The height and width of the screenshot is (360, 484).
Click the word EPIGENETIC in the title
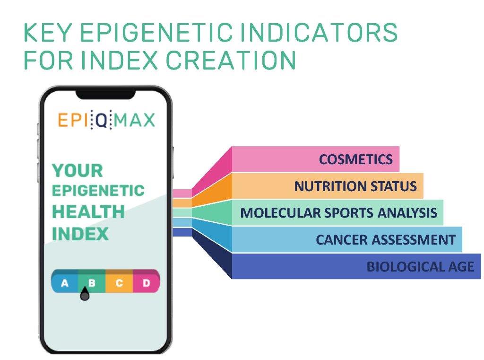(157, 33)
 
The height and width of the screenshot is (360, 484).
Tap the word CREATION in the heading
(231, 60)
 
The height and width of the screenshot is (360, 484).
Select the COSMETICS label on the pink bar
(355, 159)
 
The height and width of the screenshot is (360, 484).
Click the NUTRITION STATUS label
(355, 186)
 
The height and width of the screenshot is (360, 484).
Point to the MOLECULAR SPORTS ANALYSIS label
(338, 213)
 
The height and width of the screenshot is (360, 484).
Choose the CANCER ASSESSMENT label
(386, 239)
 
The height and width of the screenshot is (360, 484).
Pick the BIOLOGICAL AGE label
(420, 266)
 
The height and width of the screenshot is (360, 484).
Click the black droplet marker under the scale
(85, 294)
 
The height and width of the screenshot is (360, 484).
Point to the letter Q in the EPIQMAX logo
(101, 120)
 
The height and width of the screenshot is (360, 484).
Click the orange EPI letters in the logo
(73, 120)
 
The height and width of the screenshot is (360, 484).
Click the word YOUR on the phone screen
(78, 171)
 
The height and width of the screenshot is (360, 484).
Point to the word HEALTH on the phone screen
(88, 211)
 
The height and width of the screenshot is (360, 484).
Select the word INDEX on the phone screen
(80, 234)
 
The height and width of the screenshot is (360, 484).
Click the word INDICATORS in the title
(318, 33)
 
